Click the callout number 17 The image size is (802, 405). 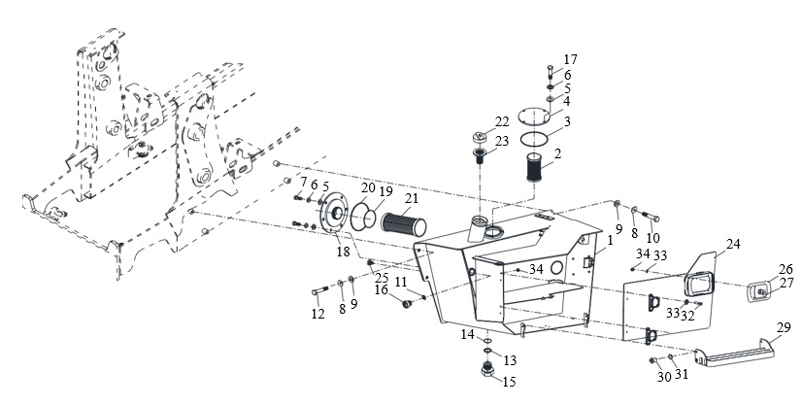point(570,59)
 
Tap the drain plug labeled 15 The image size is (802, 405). point(488,369)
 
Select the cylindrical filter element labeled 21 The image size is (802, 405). point(404,224)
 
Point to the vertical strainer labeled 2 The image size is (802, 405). point(534,167)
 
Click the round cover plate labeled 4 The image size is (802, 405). point(533,116)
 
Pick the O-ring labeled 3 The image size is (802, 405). point(533,138)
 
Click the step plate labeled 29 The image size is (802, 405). point(734,354)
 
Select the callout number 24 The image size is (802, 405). point(733,244)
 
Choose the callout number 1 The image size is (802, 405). point(610,240)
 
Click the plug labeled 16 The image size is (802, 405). point(407,304)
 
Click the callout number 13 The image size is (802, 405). point(510,360)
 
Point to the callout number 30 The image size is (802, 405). point(664,377)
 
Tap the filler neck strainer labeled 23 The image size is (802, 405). point(480,155)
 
